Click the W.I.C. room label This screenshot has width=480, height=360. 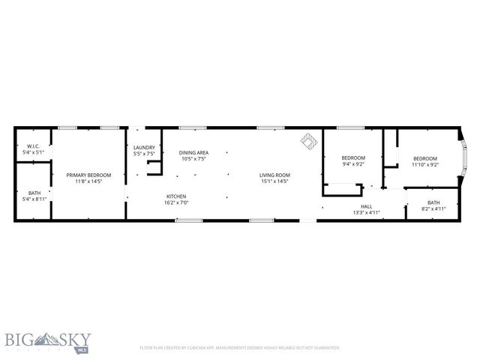click(x=34, y=146)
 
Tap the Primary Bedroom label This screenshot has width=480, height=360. click(x=88, y=175)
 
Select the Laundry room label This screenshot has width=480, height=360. click(x=144, y=147)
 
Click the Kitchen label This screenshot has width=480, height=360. click(x=176, y=196)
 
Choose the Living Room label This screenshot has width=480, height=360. click(x=274, y=175)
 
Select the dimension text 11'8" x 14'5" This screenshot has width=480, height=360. click(x=88, y=181)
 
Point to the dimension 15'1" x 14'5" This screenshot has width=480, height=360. click(x=274, y=181)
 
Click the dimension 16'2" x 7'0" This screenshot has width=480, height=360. click(x=176, y=202)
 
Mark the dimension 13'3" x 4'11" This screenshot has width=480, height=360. click(x=366, y=211)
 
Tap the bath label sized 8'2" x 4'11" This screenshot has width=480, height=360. click(x=433, y=202)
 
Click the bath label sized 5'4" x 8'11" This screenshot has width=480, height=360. click(x=34, y=193)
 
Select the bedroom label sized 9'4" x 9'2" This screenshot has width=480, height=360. click(x=352, y=157)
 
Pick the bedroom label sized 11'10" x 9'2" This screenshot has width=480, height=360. click(x=425, y=157)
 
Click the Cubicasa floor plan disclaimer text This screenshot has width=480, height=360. click(x=239, y=348)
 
